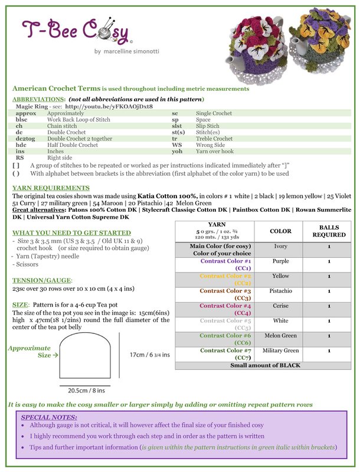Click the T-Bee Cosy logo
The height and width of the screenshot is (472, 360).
point(76,32)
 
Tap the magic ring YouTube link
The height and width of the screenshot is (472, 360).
point(109,107)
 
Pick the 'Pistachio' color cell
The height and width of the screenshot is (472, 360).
point(280,291)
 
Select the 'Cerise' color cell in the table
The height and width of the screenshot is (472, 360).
point(280,306)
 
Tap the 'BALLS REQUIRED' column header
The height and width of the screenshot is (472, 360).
point(329,230)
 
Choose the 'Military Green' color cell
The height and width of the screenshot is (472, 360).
point(280,350)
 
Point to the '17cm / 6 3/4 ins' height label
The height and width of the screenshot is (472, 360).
point(149,355)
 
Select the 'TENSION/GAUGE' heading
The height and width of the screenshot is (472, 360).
point(42,280)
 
